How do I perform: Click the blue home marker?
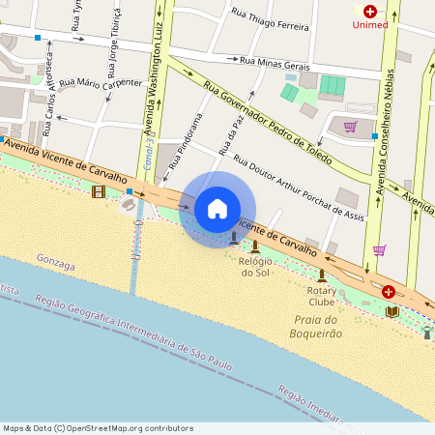[217, 209]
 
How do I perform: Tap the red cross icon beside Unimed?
[369, 12]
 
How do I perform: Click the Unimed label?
[370, 26]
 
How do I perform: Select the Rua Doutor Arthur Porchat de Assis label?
[300, 188]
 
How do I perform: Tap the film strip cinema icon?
[98, 191]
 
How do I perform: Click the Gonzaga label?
[55, 259]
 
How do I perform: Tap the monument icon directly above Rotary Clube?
[322, 275]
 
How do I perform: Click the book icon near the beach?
[391, 310]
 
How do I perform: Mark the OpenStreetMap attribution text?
[97, 428]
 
